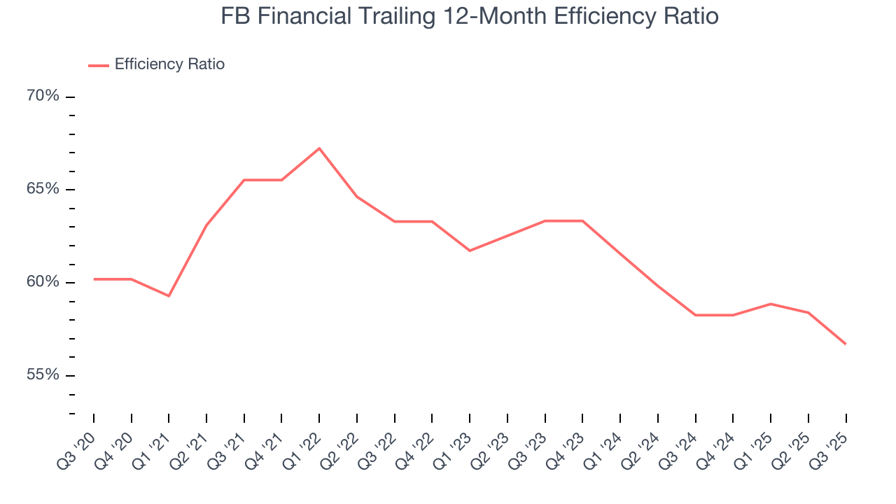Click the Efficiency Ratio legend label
click(x=169, y=64)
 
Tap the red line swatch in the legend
click(x=99, y=65)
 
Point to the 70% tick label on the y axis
click(x=43, y=96)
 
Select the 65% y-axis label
click(x=43, y=189)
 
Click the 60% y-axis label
click(x=43, y=282)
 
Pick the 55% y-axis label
click(x=43, y=374)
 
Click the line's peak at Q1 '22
click(x=319, y=148)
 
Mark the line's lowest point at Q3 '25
click(x=846, y=344)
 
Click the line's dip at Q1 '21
click(x=169, y=295)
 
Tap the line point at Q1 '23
click(x=470, y=250)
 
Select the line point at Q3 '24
click(x=695, y=315)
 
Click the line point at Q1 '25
click(x=771, y=304)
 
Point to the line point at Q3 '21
click(x=244, y=180)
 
